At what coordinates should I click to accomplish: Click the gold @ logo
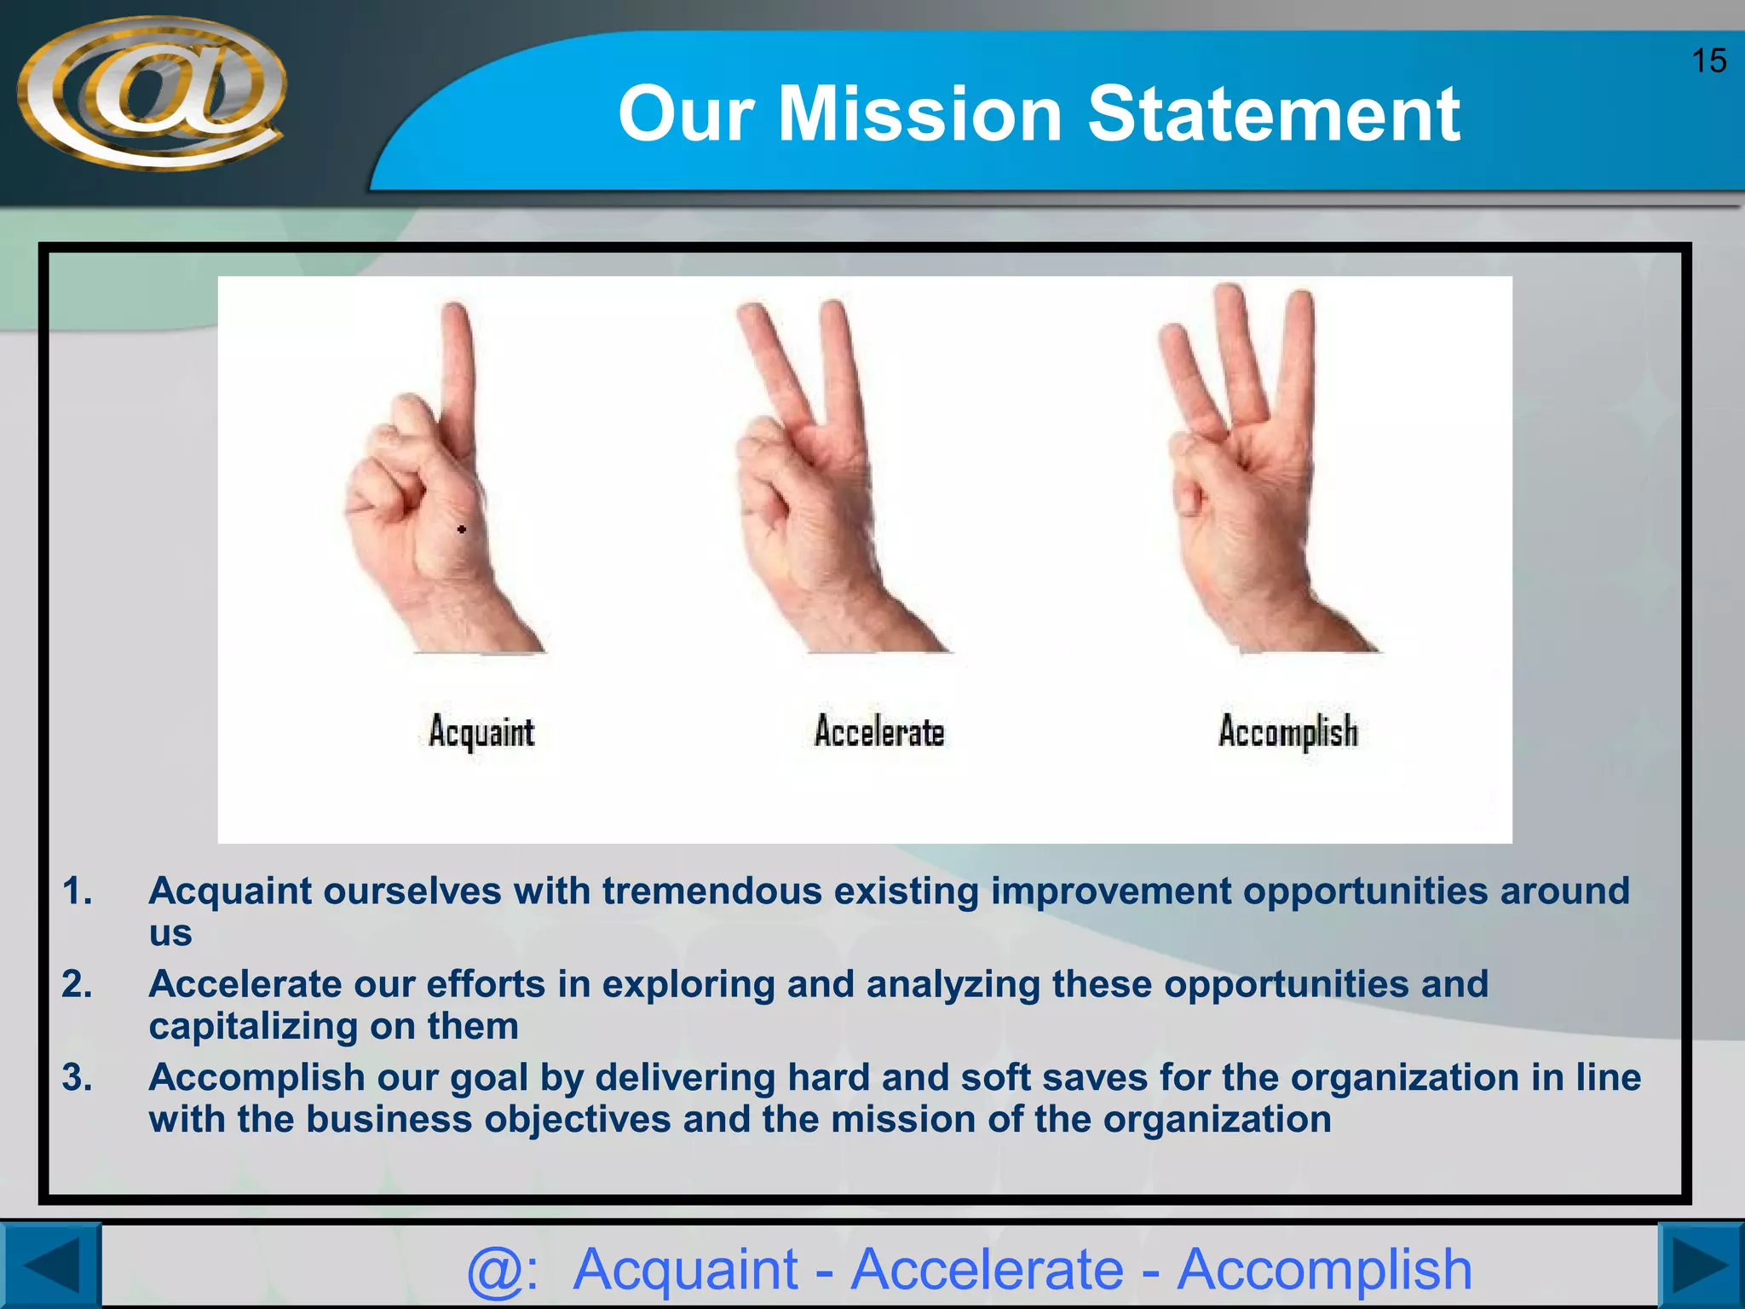(152, 94)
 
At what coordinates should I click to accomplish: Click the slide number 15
(1708, 61)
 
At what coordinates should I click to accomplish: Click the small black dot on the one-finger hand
(462, 529)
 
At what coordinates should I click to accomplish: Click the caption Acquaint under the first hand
(481, 732)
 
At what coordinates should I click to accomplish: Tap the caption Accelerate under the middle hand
(879, 732)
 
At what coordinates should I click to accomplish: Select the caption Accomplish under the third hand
(1287, 732)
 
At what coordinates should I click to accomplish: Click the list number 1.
(77, 891)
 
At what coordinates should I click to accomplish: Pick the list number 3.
(77, 1078)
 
